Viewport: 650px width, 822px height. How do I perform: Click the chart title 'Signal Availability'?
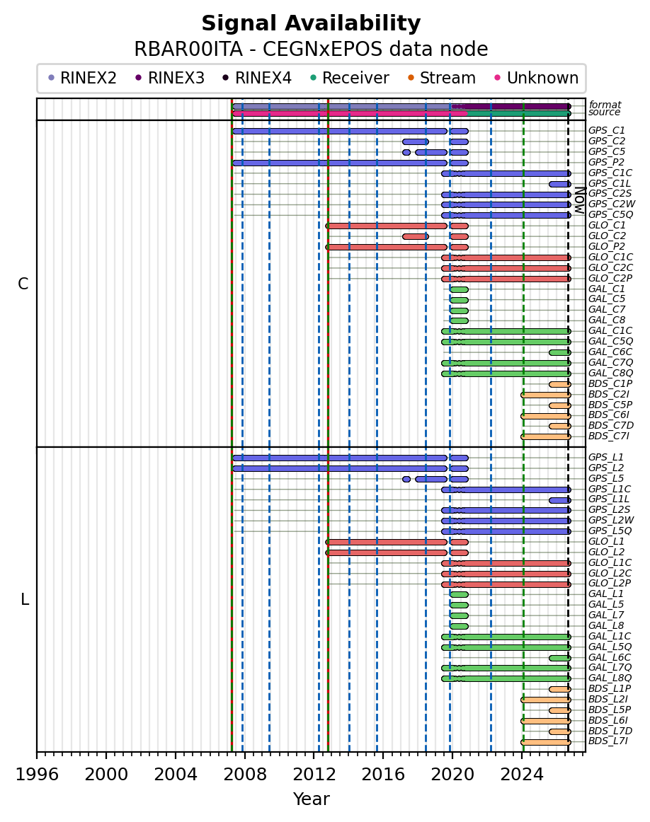tap(311, 23)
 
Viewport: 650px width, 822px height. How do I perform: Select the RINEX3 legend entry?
tap(169, 78)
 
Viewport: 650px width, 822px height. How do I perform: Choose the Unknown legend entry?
tap(536, 78)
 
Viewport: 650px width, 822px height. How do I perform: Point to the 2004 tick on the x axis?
tap(175, 755)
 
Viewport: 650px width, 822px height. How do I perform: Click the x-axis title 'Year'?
tap(311, 799)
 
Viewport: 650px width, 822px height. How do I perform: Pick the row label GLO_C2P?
tap(610, 278)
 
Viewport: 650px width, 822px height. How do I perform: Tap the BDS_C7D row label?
tap(610, 425)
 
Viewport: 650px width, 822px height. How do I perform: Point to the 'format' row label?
tap(605, 105)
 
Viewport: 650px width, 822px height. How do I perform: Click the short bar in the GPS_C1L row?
tap(560, 184)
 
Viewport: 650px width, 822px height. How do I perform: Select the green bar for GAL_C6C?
tap(560, 352)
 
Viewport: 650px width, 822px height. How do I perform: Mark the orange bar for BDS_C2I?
tap(546, 395)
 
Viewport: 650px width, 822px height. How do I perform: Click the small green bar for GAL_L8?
tap(459, 626)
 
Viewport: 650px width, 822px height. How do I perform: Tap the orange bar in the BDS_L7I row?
tap(546, 742)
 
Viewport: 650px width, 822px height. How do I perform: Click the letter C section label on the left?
tap(23, 284)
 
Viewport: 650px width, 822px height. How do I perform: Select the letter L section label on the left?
tap(25, 599)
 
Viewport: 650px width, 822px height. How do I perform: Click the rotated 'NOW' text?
tap(580, 199)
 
